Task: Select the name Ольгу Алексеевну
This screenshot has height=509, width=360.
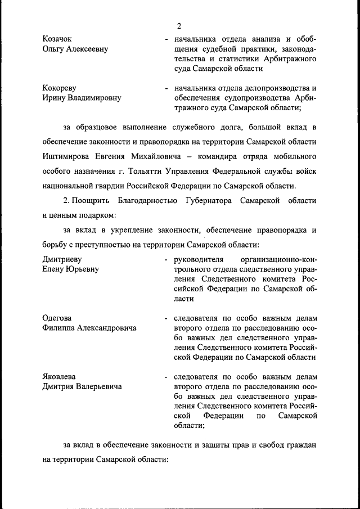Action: tap(75, 49)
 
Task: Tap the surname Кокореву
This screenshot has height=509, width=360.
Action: tap(60, 88)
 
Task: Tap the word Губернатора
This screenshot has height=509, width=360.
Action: tap(211, 200)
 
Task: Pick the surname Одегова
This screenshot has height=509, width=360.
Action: tap(57, 318)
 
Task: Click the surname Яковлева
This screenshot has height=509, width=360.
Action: tap(59, 376)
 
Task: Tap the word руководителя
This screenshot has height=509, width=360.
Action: tap(200, 259)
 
